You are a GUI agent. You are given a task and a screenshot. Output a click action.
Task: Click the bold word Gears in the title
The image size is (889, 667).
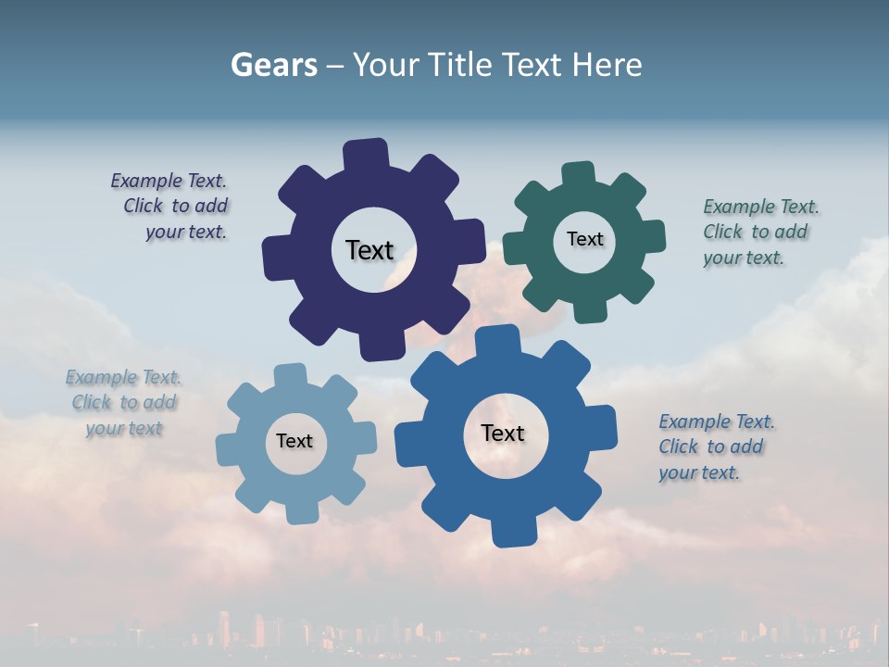tap(273, 65)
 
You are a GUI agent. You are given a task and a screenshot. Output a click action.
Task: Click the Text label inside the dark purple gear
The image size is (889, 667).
tap(369, 250)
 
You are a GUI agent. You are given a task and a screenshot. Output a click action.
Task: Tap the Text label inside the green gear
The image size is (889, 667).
tap(584, 239)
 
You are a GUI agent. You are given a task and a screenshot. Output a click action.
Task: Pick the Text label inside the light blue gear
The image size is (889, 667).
tap(294, 441)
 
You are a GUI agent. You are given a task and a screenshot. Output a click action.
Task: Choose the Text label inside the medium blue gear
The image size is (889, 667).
tap(503, 433)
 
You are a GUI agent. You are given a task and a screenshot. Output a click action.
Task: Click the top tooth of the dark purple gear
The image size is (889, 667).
tap(366, 154)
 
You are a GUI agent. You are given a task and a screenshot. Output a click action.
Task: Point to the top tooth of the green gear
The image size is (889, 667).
tap(579, 175)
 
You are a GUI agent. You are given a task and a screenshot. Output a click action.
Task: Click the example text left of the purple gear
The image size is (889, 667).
tap(172, 207)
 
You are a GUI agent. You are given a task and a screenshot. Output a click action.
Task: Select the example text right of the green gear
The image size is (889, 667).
tap(759, 232)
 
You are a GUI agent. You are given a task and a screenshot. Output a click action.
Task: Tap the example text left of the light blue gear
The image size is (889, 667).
tap(124, 403)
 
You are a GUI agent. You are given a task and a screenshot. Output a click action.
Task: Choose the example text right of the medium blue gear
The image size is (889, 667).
tap(715, 447)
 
